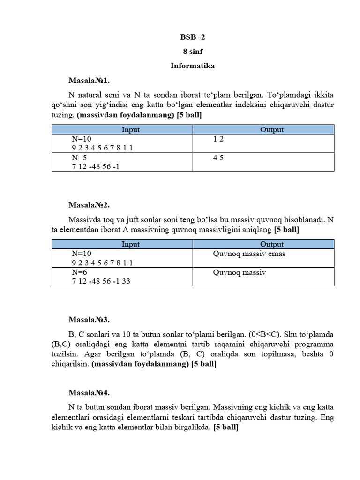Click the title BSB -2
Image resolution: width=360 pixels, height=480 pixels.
coord(192,37)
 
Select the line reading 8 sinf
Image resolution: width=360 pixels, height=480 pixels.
coord(192,52)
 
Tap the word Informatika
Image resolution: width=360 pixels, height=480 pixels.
coord(192,66)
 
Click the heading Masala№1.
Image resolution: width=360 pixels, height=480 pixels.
coord(89,80)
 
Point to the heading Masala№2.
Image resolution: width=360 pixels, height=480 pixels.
coord(89,205)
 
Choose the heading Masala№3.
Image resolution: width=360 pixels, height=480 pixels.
coord(89,320)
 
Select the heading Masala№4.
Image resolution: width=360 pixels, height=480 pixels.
coord(89,393)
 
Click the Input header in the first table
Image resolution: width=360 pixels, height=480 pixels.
coord(131,129)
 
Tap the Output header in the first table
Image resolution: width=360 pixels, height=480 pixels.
coord(272,129)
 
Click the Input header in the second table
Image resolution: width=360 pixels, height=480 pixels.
coord(131,244)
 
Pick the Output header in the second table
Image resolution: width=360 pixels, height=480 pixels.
coord(272,244)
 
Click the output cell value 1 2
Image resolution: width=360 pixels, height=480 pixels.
coord(218,139)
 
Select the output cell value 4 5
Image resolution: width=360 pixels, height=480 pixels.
coord(218,157)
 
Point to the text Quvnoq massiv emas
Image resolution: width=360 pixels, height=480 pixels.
coord(249,254)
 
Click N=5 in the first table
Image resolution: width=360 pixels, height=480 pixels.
coord(80,157)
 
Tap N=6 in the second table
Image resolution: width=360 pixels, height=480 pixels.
coord(80,272)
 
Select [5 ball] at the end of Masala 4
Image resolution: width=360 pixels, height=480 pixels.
coord(225,427)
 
